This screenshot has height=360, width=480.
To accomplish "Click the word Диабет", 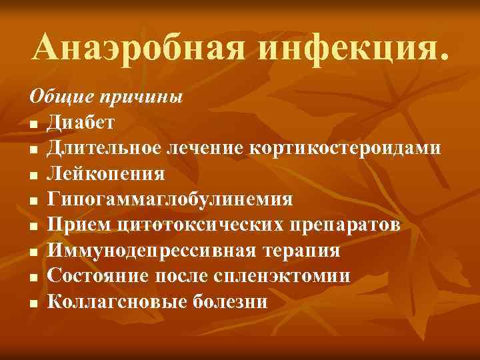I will click(x=81, y=123).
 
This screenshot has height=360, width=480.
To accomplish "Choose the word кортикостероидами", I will click(x=345, y=148).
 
